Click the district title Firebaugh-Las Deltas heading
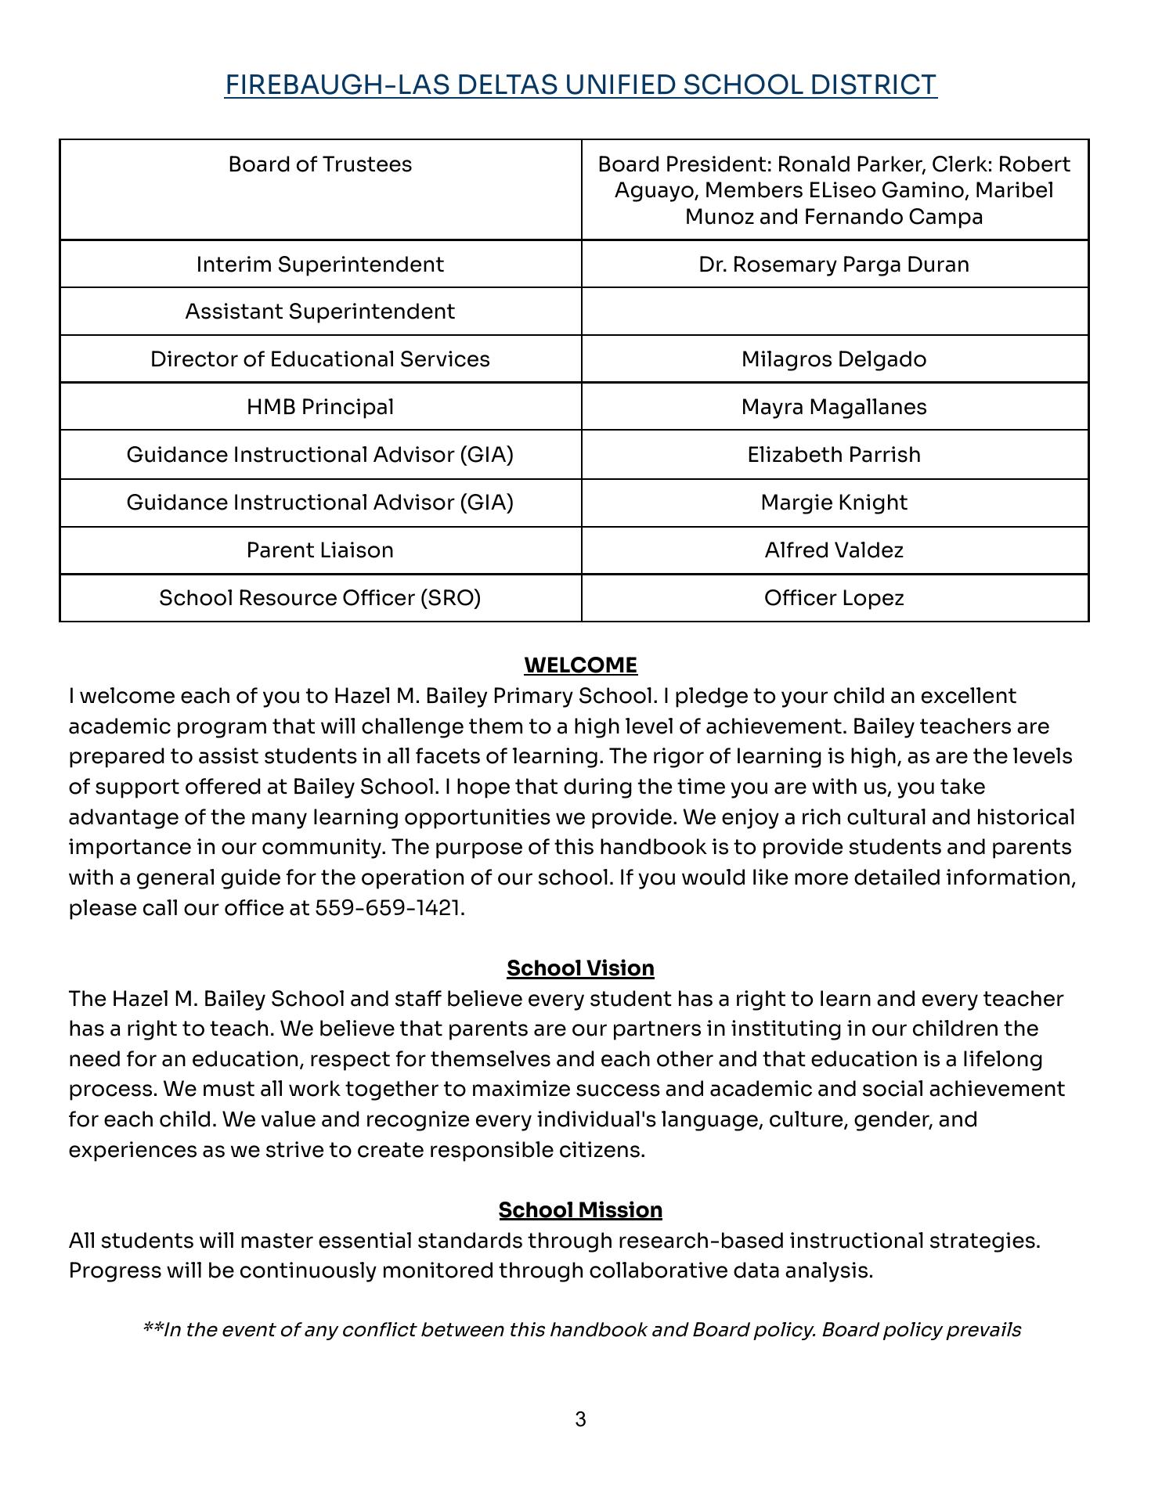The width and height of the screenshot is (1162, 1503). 580,85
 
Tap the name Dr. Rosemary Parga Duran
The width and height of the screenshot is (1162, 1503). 834,265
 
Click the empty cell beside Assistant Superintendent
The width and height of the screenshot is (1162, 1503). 834,312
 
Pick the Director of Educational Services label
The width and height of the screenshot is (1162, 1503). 319,359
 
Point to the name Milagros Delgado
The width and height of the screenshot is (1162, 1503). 834,359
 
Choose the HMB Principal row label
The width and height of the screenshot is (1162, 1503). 319,407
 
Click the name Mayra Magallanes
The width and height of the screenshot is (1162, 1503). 834,407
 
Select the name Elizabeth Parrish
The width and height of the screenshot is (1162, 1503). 834,455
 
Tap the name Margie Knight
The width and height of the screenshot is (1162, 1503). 834,503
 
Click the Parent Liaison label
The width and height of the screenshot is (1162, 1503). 319,550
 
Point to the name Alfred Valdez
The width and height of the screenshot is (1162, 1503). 834,550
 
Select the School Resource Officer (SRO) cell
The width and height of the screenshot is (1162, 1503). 319,598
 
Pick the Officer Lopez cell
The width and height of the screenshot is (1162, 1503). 834,598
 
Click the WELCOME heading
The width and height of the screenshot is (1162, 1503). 580,665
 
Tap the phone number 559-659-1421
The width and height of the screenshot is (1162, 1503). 388,908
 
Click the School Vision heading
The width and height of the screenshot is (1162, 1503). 580,968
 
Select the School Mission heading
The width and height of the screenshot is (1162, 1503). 580,1210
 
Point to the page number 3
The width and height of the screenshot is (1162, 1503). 580,1419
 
